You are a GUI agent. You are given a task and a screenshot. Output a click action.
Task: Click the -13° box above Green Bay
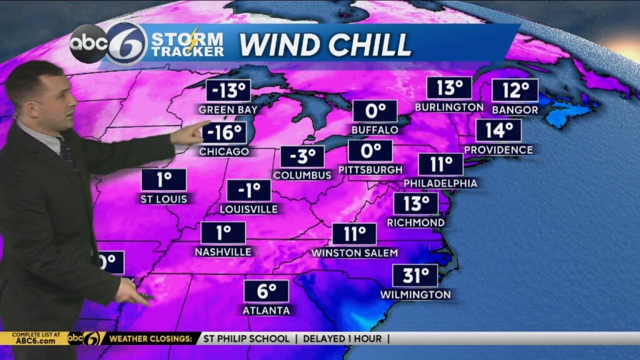(228, 91)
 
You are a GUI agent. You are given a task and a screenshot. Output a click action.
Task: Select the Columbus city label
(302, 175)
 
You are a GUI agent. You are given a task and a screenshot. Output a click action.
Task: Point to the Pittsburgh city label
(369, 169)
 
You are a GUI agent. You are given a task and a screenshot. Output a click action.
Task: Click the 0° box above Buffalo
(374, 111)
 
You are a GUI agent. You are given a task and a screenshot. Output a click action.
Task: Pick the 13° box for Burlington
(449, 88)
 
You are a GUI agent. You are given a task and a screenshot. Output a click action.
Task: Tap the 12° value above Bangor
(515, 91)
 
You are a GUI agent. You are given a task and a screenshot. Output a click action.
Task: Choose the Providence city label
(499, 150)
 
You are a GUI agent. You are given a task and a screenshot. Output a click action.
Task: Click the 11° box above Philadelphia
(441, 164)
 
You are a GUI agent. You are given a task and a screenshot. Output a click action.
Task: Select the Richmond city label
(416, 222)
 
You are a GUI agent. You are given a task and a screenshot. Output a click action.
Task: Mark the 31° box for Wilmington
(415, 275)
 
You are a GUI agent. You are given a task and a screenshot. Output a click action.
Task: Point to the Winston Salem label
(354, 253)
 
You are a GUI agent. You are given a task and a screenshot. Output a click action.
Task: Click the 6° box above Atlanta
(266, 291)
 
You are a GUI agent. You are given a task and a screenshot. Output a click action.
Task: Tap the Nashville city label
(223, 252)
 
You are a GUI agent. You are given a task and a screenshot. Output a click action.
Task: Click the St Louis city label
(164, 199)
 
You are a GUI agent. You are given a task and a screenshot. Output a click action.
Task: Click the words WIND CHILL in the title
(325, 44)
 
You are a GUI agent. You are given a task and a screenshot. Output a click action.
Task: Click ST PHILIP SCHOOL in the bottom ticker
(246, 339)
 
